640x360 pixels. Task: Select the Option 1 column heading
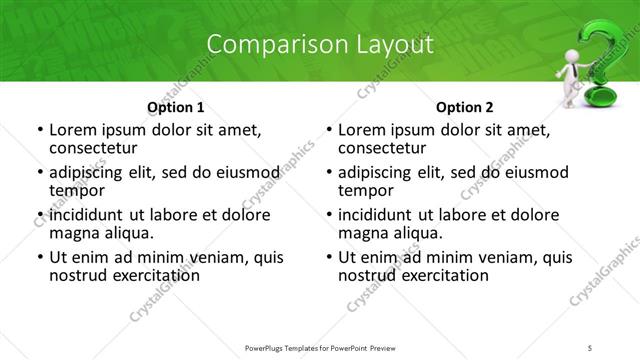tap(176, 107)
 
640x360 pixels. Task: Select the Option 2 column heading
tap(465, 107)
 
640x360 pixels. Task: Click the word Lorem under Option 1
tap(74, 130)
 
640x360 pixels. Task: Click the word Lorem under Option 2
tap(363, 130)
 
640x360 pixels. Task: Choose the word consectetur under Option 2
tap(385, 148)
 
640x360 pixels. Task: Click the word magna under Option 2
tap(363, 233)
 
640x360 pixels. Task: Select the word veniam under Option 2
tap(483, 257)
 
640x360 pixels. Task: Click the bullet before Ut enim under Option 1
tap(39, 257)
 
